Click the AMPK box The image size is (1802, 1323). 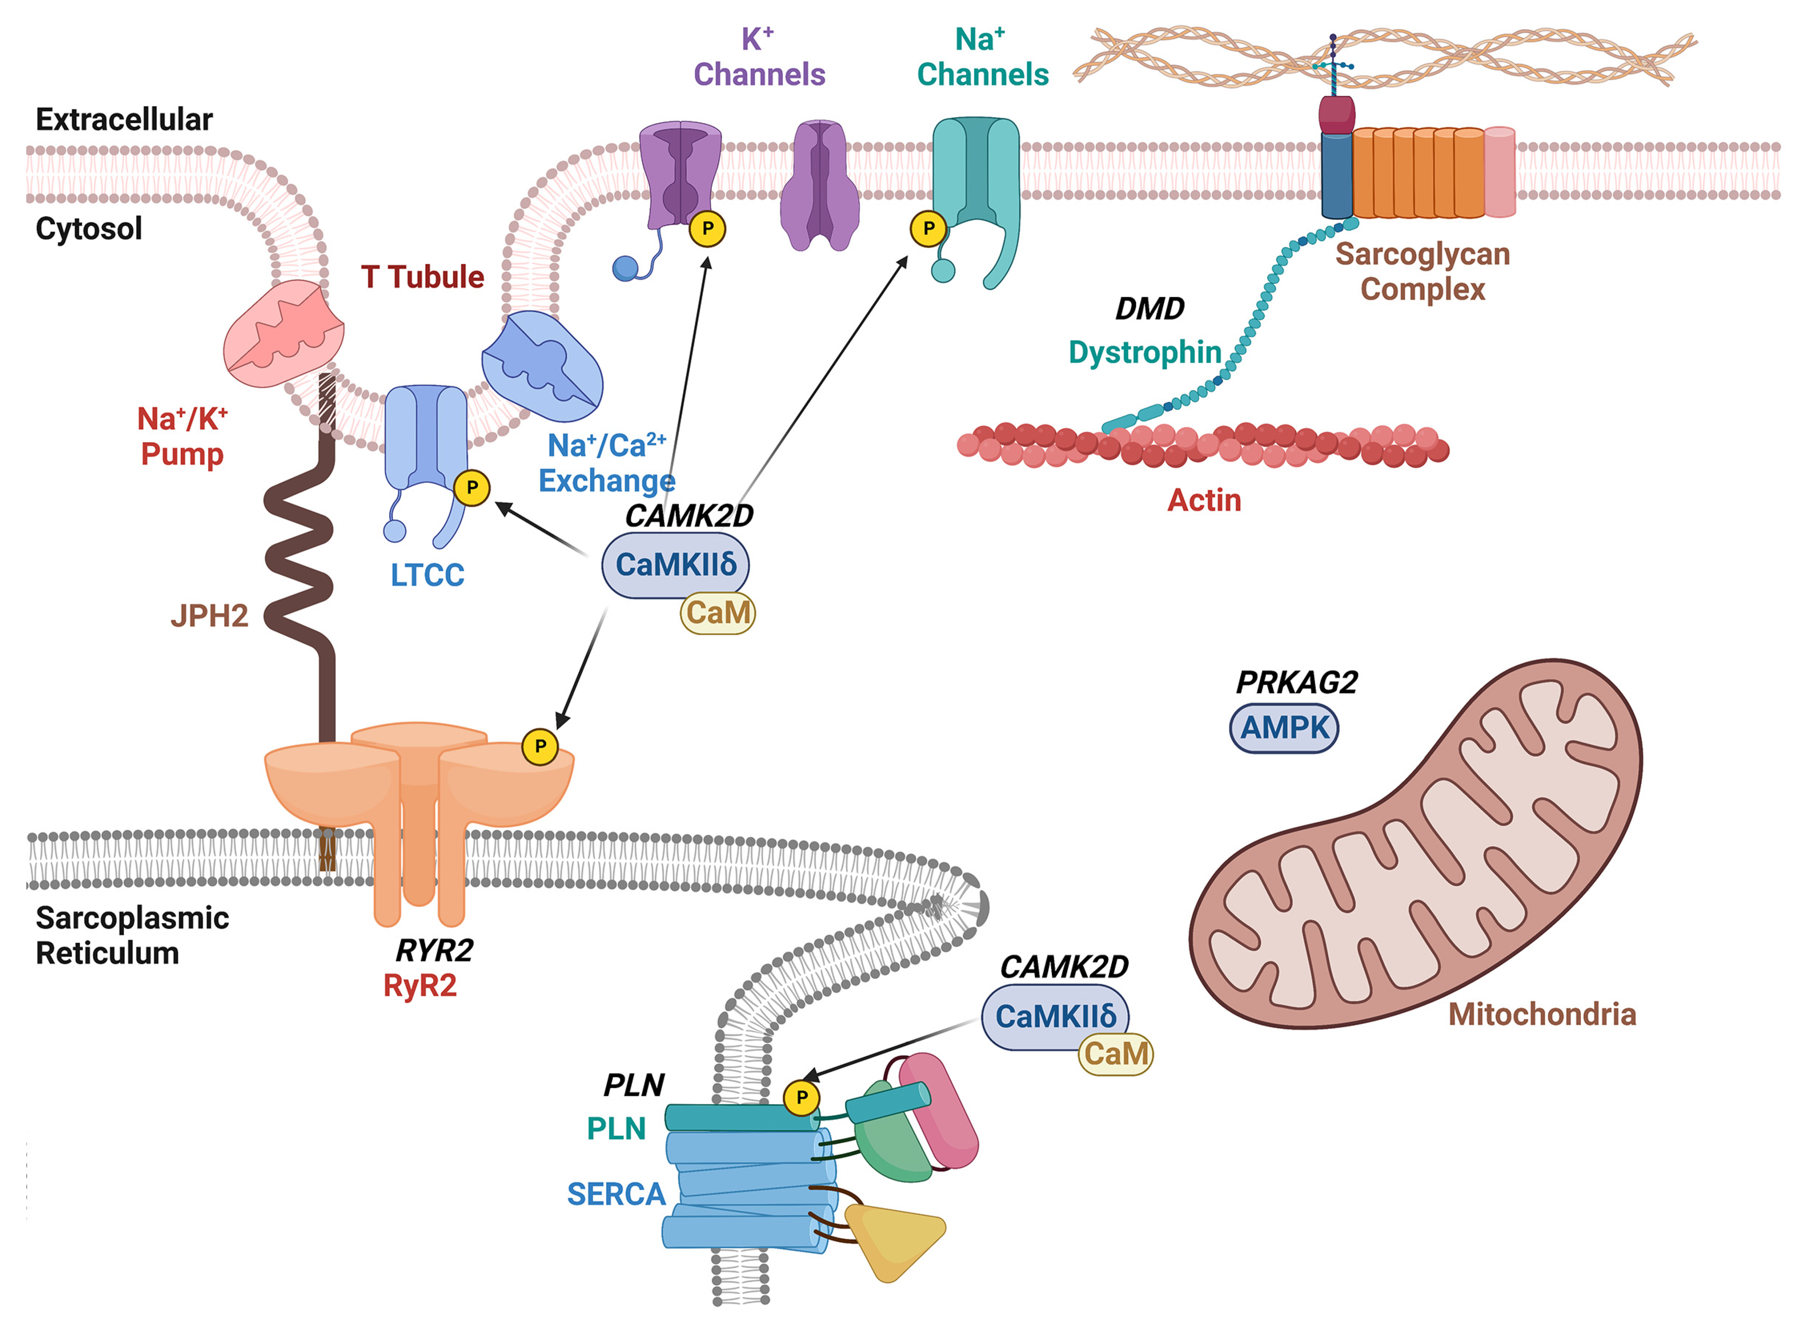point(1283,728)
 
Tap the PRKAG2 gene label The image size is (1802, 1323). point(1296,682)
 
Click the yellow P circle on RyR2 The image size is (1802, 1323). point(540,746)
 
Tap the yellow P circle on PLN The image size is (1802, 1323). point(801,1097)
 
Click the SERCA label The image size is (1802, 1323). point(615,1194)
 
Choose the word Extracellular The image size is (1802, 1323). point(124,119)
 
